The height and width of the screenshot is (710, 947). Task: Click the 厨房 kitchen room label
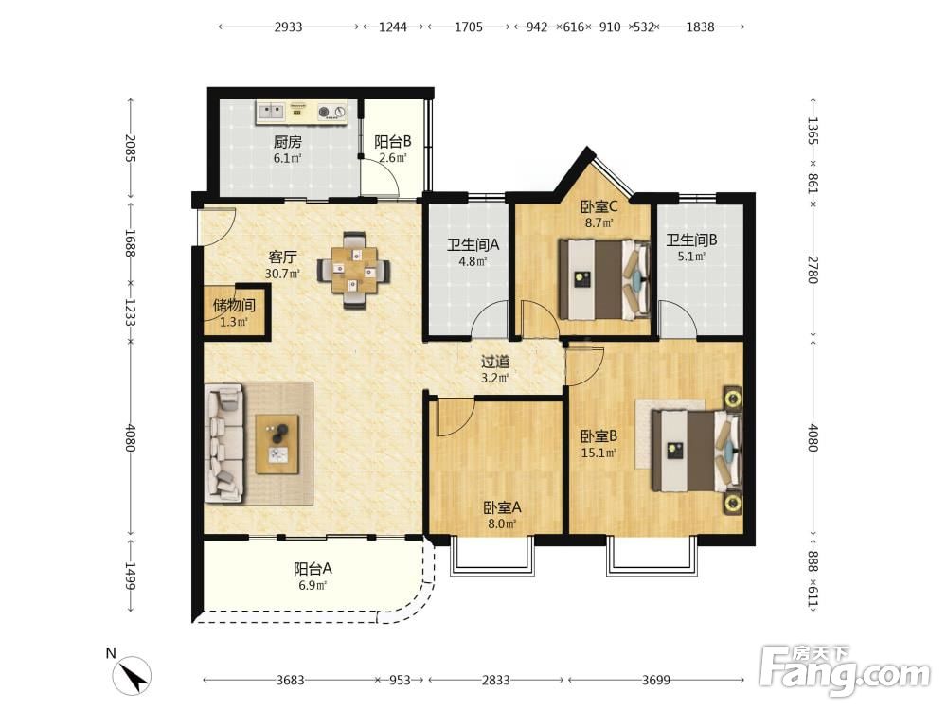(288, 143)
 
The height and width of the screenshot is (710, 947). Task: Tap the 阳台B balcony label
(393, 142)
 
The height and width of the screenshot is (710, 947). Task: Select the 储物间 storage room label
(234, 306)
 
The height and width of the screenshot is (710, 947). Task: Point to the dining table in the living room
(354, 271)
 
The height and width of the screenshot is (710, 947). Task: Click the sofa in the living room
(224, 443)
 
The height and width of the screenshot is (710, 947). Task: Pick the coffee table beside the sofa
(277, 444)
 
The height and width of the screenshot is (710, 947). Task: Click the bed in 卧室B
(696, 451)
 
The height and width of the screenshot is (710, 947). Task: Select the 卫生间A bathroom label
(473, 245)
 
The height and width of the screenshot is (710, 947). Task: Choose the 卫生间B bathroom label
(691, 240)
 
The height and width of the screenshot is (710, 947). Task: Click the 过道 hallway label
(495, 363)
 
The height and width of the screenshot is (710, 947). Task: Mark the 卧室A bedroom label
(502, 508)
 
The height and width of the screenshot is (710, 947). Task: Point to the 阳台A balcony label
(313, 569)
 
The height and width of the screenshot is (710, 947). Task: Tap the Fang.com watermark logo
(845, 670)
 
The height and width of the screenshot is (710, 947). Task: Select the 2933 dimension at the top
(288, 27)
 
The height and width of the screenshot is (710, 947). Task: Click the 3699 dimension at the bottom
(656, 681)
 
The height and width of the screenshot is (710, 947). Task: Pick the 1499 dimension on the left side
(131, 576)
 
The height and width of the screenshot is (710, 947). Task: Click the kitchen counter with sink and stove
(302, 113)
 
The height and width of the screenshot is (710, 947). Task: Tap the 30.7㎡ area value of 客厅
(282, 274)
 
